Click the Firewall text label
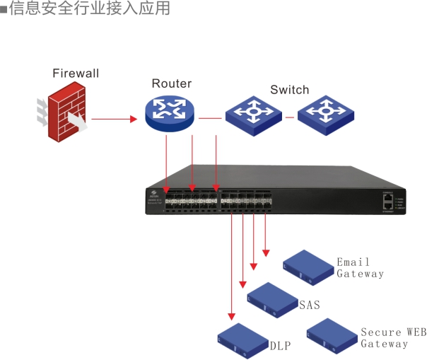76,74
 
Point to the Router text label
171,83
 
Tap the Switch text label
289,90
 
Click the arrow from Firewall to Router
114,119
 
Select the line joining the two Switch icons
288,116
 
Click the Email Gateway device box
308,267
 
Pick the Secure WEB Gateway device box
332,335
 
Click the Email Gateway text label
360,268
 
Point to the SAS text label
310,305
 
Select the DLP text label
280,347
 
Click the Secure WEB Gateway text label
394,337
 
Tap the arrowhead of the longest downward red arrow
231,317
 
